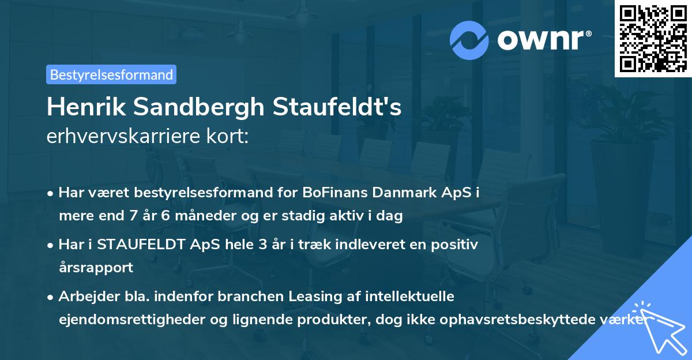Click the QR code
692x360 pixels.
(x=653, y=38)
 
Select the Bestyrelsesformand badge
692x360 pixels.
(x=111, y=74)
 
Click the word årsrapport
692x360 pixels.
(x=96, y=268)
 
